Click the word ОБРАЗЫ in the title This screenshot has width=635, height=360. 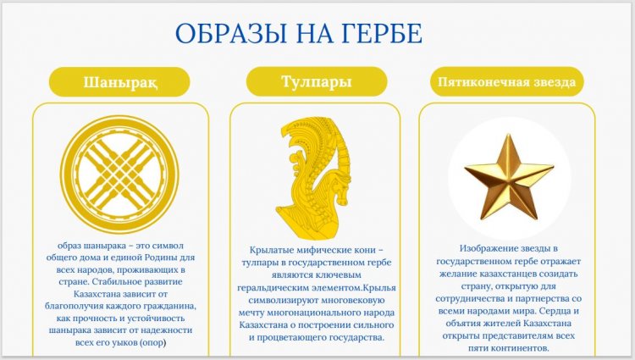tap(231, 33)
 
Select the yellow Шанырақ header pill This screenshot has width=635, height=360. tap(119, 82)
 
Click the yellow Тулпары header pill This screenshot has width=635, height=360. tap(317, 81)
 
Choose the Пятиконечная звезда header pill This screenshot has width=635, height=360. tap(506, 82)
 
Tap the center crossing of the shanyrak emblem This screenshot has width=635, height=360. tap(120, 174)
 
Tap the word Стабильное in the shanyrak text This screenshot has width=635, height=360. tap(119, 281)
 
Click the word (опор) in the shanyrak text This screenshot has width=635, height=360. tap(152, 342)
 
